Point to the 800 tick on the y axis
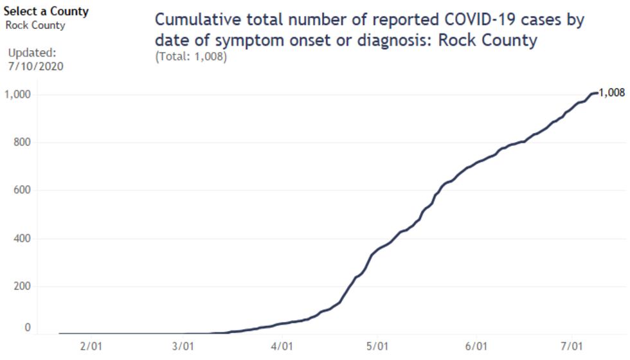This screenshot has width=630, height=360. point(21,143)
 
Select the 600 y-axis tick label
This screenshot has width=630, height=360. point(21,190)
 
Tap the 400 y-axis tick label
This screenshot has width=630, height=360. point(21,239)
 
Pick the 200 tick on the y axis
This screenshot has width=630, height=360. point(21,286)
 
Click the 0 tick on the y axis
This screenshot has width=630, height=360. point(27,328)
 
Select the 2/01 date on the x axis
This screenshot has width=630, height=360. point(91,346)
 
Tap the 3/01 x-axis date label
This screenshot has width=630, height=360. point(184,346)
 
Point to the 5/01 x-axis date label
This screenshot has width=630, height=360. point(377,346)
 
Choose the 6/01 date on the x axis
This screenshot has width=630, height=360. point(475,346)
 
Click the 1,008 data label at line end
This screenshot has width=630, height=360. point(611,93)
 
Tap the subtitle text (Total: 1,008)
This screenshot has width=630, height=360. point(191,57)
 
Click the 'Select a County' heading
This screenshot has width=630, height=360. point(46,12)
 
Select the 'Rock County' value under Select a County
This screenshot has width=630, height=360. point(35,26)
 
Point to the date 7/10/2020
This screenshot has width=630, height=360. point(35,66)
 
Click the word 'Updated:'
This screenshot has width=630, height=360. point(32,53)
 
